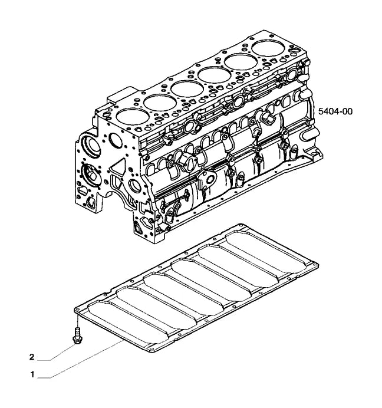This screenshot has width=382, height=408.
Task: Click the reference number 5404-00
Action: [335, 111]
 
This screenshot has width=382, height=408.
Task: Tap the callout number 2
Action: [32, 357]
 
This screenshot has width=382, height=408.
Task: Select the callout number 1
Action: [32, 374]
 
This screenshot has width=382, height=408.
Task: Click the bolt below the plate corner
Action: [77, 336]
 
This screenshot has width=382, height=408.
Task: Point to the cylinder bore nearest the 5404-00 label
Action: [269, 47]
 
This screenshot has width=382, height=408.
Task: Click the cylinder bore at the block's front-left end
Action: [133, 116]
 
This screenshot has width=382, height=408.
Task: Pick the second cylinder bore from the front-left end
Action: [160, 102]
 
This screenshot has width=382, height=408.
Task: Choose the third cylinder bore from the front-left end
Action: [187, 88]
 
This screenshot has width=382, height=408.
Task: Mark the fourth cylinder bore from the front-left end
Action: [214, 75]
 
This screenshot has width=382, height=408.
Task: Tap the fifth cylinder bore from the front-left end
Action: [241, 61]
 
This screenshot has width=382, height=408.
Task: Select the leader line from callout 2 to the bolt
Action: [62, 352]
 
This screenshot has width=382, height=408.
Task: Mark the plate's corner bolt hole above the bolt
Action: [78, 309]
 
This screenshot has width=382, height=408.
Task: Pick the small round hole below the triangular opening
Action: [135, 185]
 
